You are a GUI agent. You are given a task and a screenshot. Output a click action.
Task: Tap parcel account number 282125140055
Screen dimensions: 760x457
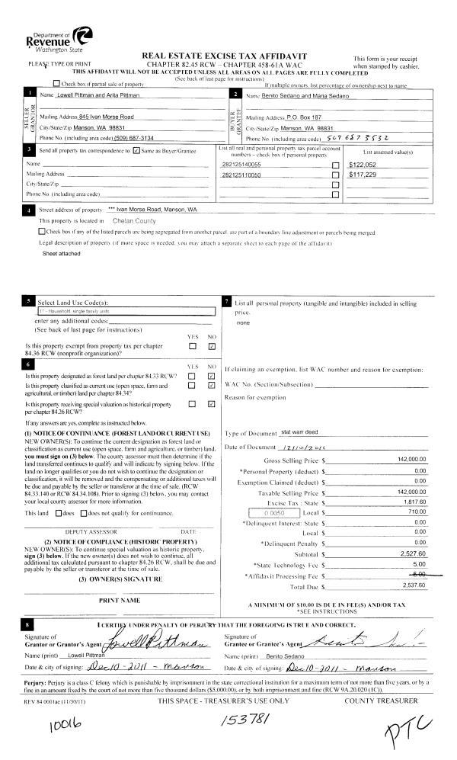coord(241,164)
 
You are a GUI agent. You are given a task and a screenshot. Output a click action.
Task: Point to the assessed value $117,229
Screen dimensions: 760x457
coord(364,175)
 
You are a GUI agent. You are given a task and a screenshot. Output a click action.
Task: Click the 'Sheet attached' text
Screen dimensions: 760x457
coord(61,252)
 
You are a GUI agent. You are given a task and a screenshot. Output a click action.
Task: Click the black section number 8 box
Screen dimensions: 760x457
coord(30,624)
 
